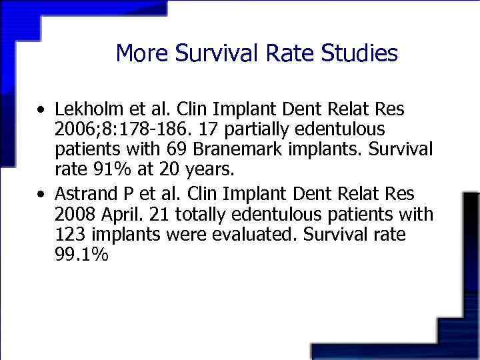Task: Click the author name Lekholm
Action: [87, 108]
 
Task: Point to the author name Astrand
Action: [83, 194]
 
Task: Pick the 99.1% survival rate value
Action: [82, 255]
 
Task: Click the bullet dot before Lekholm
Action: [42, 109]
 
